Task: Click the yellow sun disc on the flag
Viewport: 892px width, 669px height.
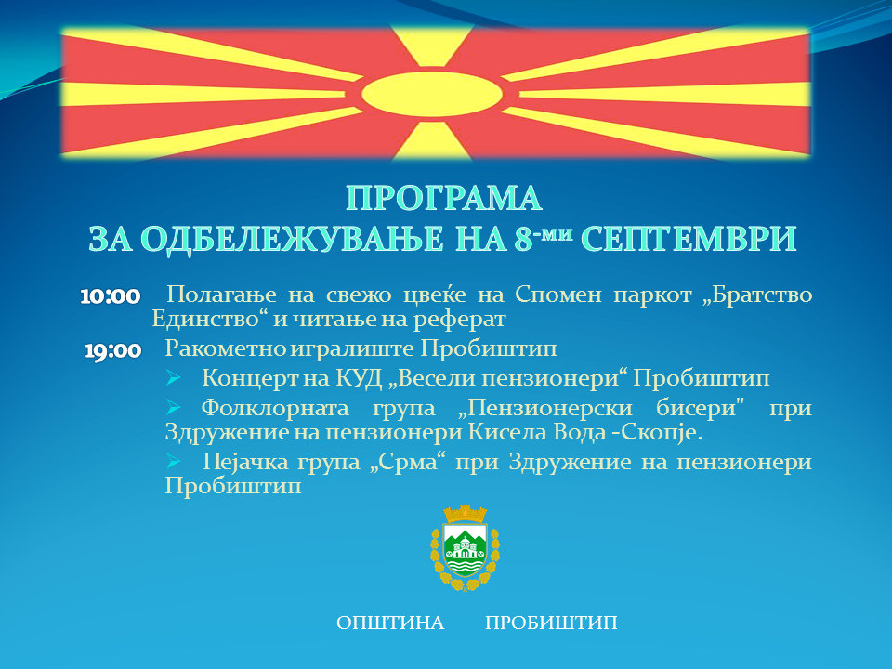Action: [432, 94]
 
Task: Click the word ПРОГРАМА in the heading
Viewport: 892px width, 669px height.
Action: [444, 199]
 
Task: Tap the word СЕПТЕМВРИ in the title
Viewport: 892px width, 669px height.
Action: [689, 239]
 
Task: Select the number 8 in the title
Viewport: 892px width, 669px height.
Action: [523, 239]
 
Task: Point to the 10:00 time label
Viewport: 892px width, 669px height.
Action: [111, 296]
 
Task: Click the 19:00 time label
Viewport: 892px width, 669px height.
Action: [113, 350]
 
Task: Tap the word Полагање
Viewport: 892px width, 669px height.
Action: [222, 295]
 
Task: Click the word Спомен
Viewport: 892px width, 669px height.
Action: [558, 295]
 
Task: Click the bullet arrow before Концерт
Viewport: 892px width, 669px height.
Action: [174, 377]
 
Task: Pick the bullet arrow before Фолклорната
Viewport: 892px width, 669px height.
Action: [174, 407]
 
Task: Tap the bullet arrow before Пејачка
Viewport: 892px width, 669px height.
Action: [174, 461]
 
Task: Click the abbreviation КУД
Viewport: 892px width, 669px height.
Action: [359, 378]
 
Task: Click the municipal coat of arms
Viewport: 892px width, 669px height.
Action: [466, 548]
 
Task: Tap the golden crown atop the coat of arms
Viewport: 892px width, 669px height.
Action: [466, 514]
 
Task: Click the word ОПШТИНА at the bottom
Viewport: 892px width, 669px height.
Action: [390, 623]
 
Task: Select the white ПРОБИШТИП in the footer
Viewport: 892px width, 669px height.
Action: [551, 623]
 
